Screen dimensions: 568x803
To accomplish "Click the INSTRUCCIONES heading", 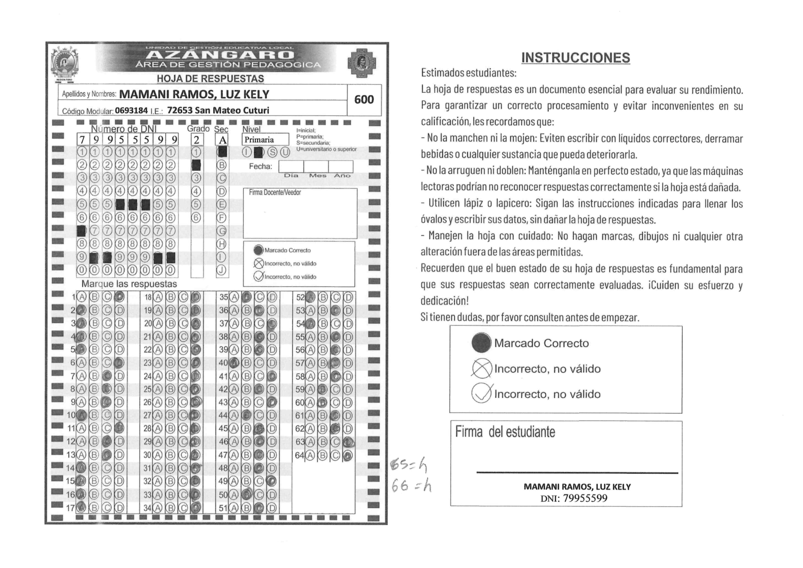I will pos(575,58).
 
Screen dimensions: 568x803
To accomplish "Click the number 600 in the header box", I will pos(364,100).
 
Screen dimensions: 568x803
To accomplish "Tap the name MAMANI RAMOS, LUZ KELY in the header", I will pos(194,94).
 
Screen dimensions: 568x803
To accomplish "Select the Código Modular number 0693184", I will pos(131,111).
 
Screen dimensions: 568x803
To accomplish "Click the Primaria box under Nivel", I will pos(265,139).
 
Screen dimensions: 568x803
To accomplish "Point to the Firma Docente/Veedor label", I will pos(275,192).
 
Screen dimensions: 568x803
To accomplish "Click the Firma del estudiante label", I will pos(505,432).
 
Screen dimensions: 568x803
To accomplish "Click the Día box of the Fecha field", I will pos(291,167).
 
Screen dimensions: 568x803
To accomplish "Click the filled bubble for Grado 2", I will pos(196,165).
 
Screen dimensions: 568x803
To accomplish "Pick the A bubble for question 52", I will pos(310,297).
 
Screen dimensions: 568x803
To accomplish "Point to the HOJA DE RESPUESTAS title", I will pos(210,79).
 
